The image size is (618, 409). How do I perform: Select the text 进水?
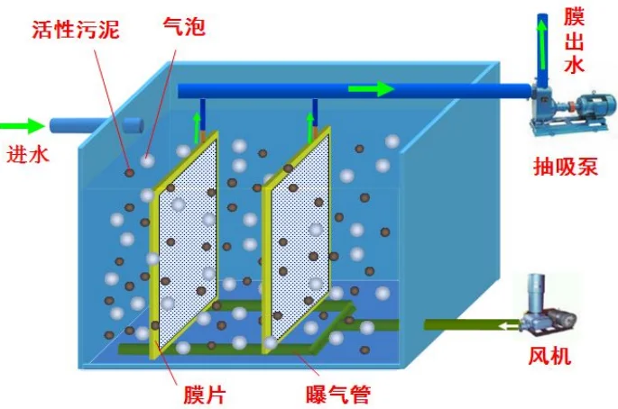click(x=28, y=153)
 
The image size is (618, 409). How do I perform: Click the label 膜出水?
click(x=575, y=41)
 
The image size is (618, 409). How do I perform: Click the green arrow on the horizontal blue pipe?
click(x=372, y=89)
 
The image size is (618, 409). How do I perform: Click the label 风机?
click(x=550, y=357)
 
